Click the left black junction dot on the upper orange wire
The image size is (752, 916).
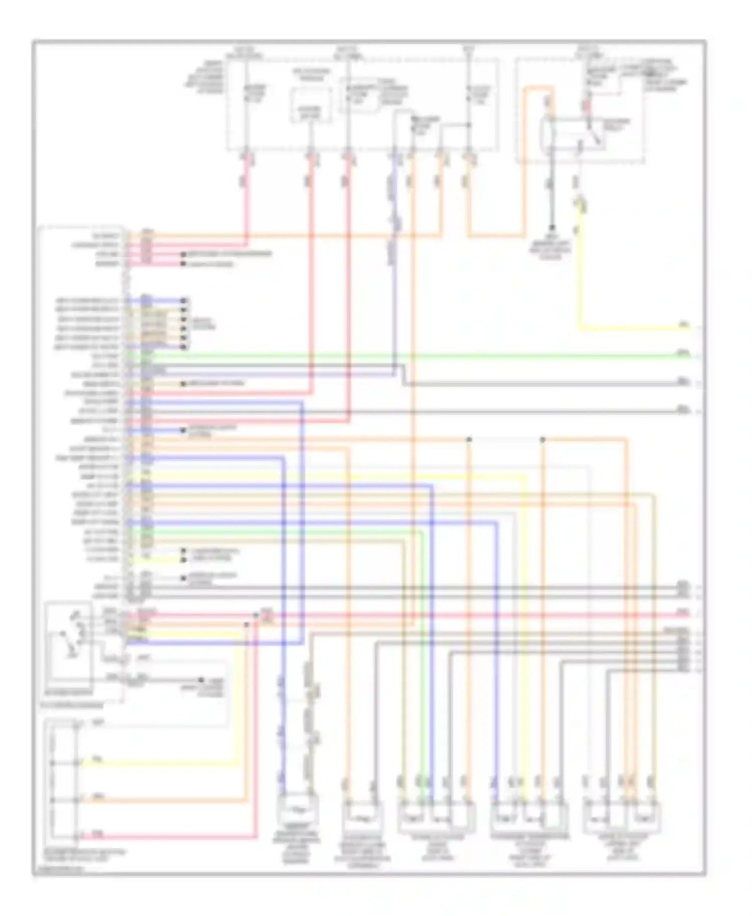point(469,439)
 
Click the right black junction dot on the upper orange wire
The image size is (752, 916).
point(542,439)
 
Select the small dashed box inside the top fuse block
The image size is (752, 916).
point(311,105)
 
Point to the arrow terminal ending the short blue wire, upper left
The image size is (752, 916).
point(184,301)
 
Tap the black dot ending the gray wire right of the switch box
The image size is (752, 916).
point(201,680)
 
